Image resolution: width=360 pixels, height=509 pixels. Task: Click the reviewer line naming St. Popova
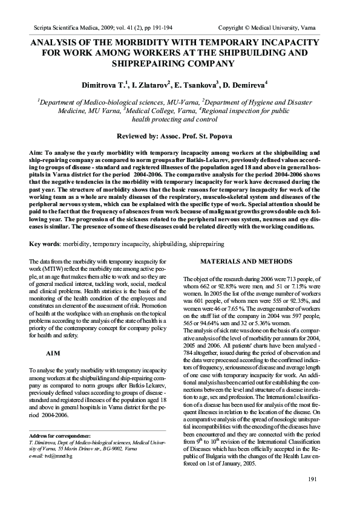pos(179,137)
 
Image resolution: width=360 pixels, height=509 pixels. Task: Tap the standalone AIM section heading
pos(53,352)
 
